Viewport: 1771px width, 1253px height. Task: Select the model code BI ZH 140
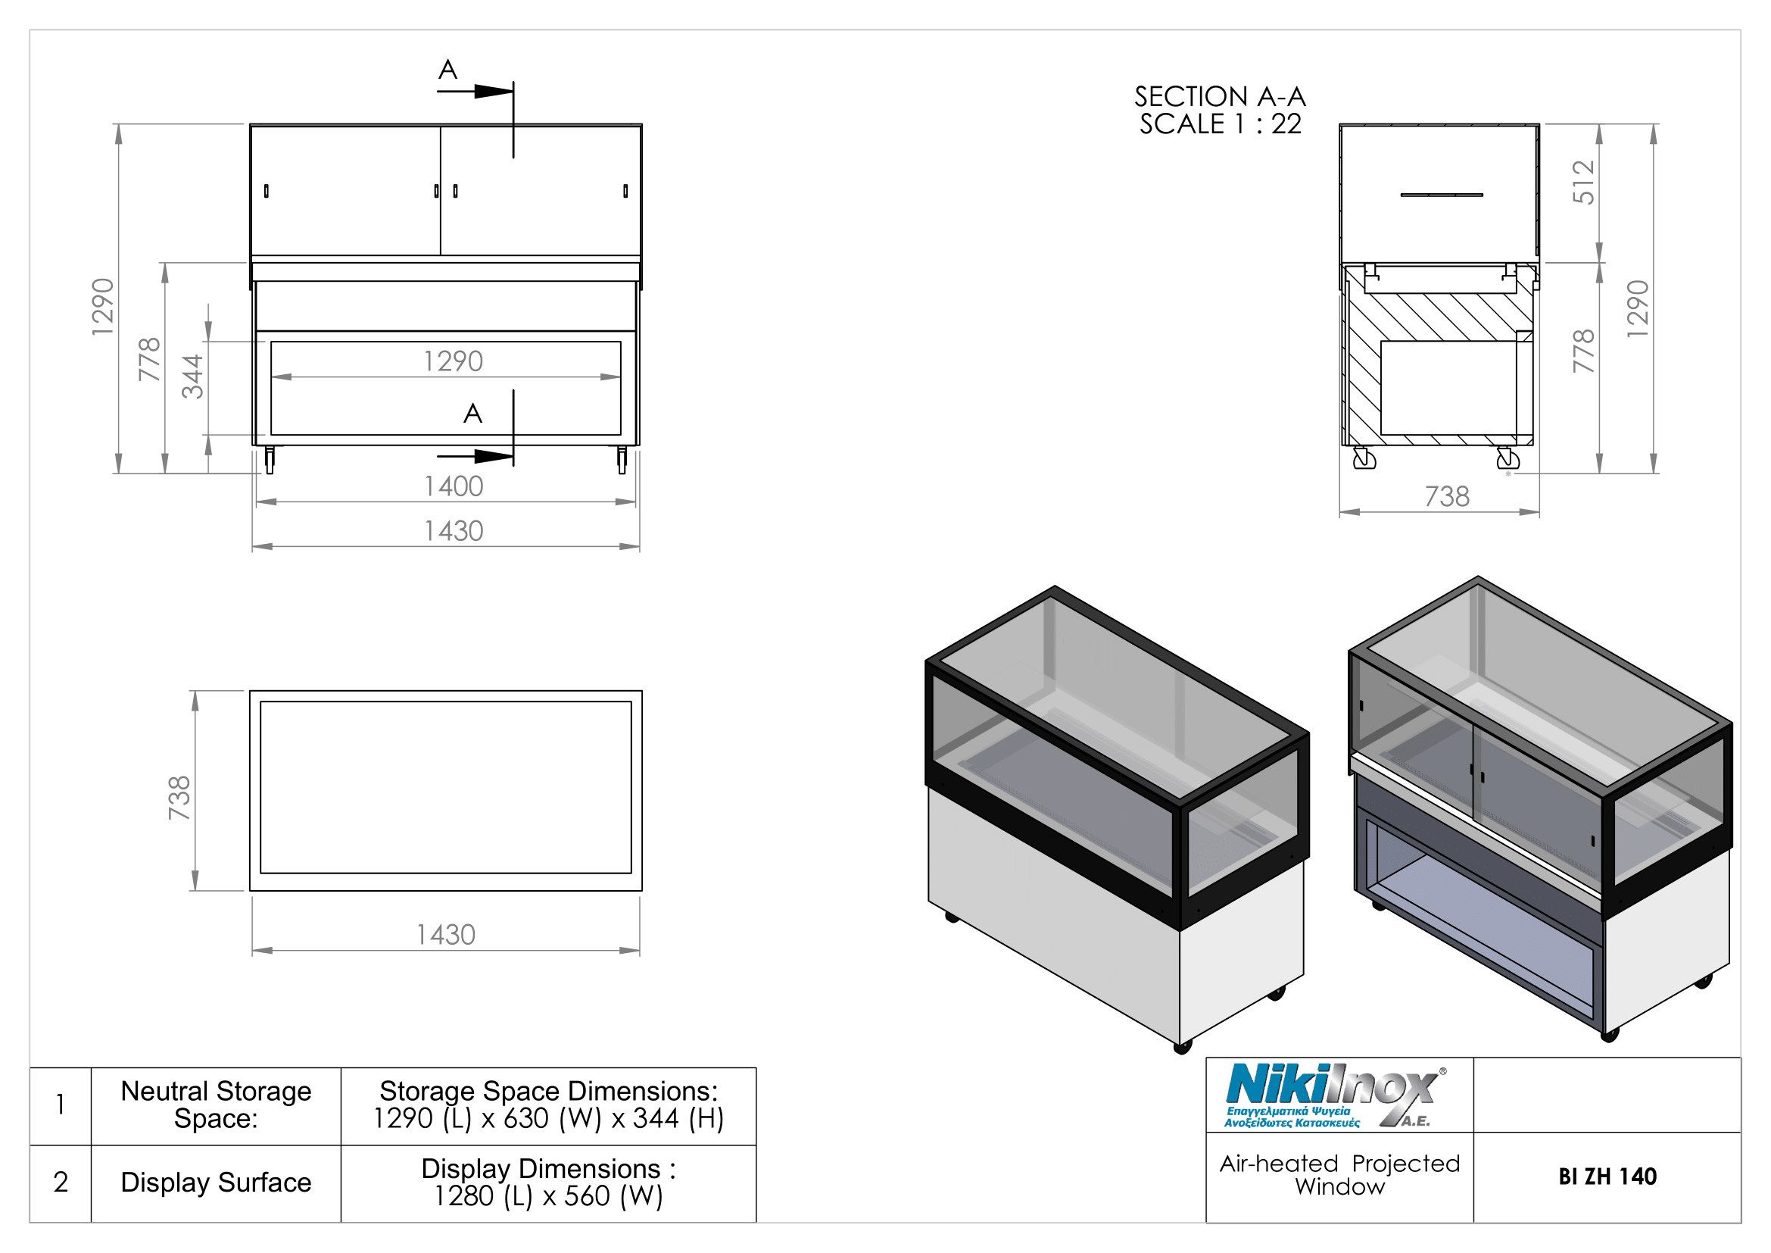1607,1177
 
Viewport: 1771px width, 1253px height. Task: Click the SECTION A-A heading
1220,97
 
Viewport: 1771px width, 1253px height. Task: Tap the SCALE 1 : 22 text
1221,124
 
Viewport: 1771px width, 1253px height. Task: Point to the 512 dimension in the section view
1582,182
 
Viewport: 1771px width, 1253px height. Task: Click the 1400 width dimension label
454,487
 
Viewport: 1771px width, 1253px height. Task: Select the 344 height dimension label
193,377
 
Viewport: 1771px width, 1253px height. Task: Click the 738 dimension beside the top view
179,798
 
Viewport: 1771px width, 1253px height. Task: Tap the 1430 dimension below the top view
446,935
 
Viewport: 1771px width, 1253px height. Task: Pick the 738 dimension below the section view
1447,497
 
